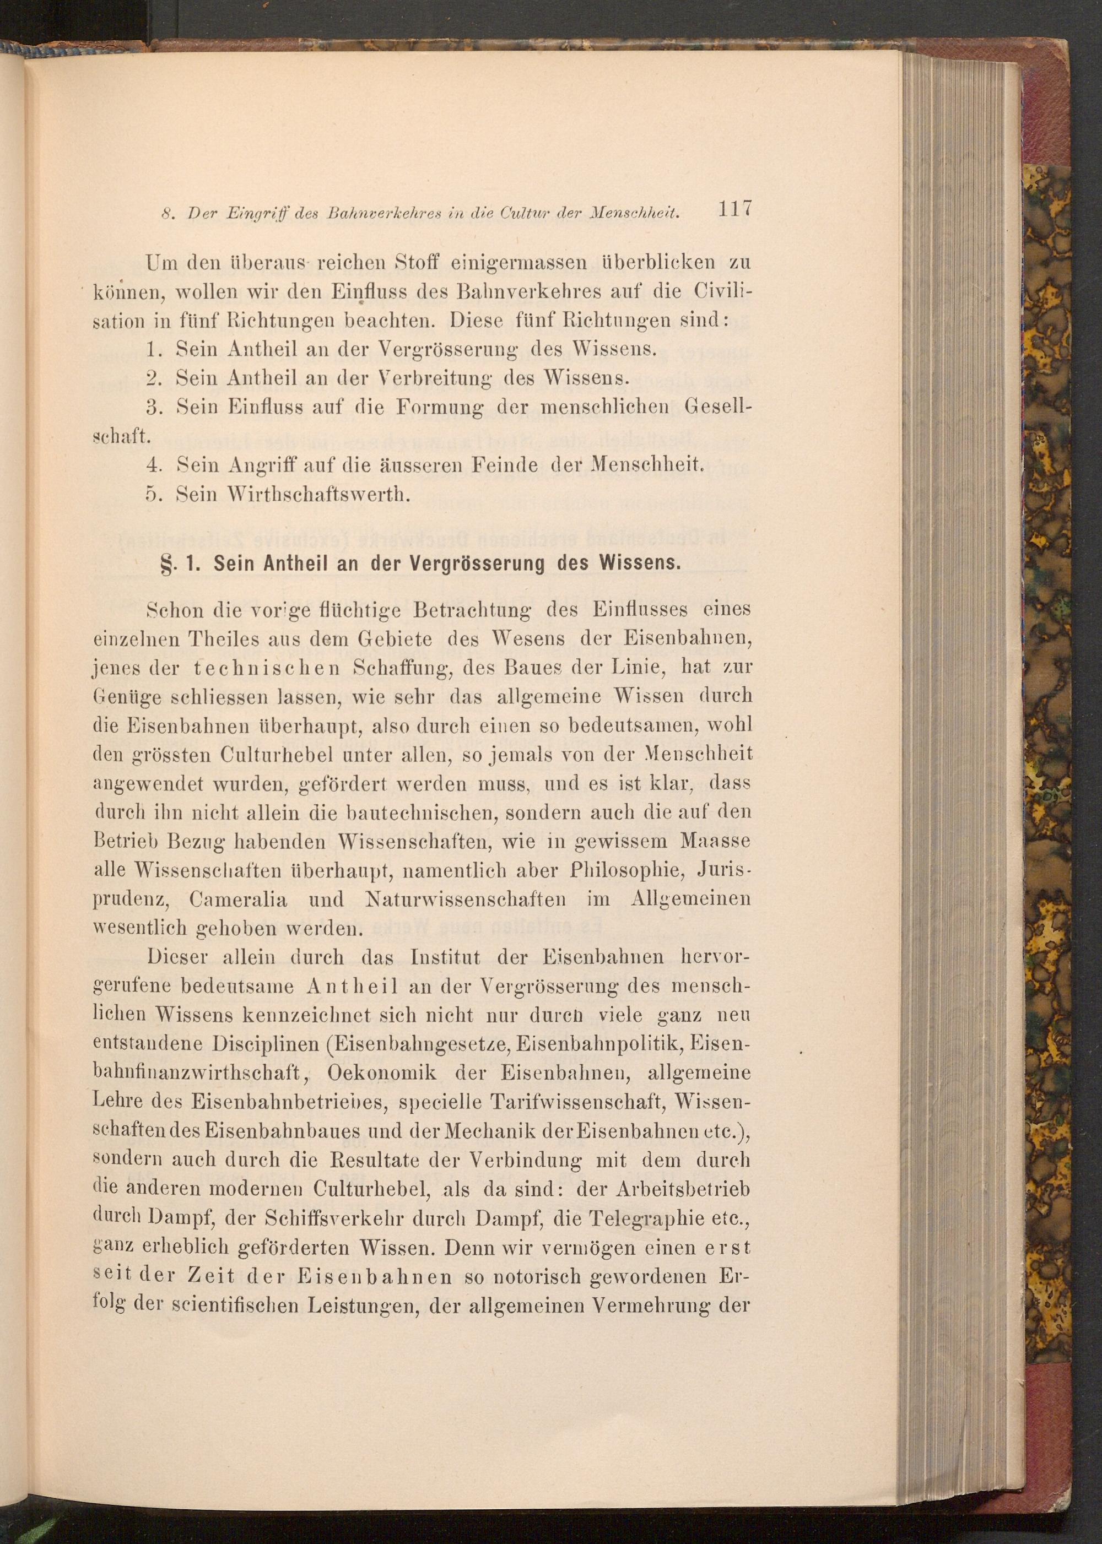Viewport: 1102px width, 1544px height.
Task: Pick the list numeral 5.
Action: pos(152,494)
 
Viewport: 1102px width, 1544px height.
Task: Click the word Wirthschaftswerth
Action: pos(293,494)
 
